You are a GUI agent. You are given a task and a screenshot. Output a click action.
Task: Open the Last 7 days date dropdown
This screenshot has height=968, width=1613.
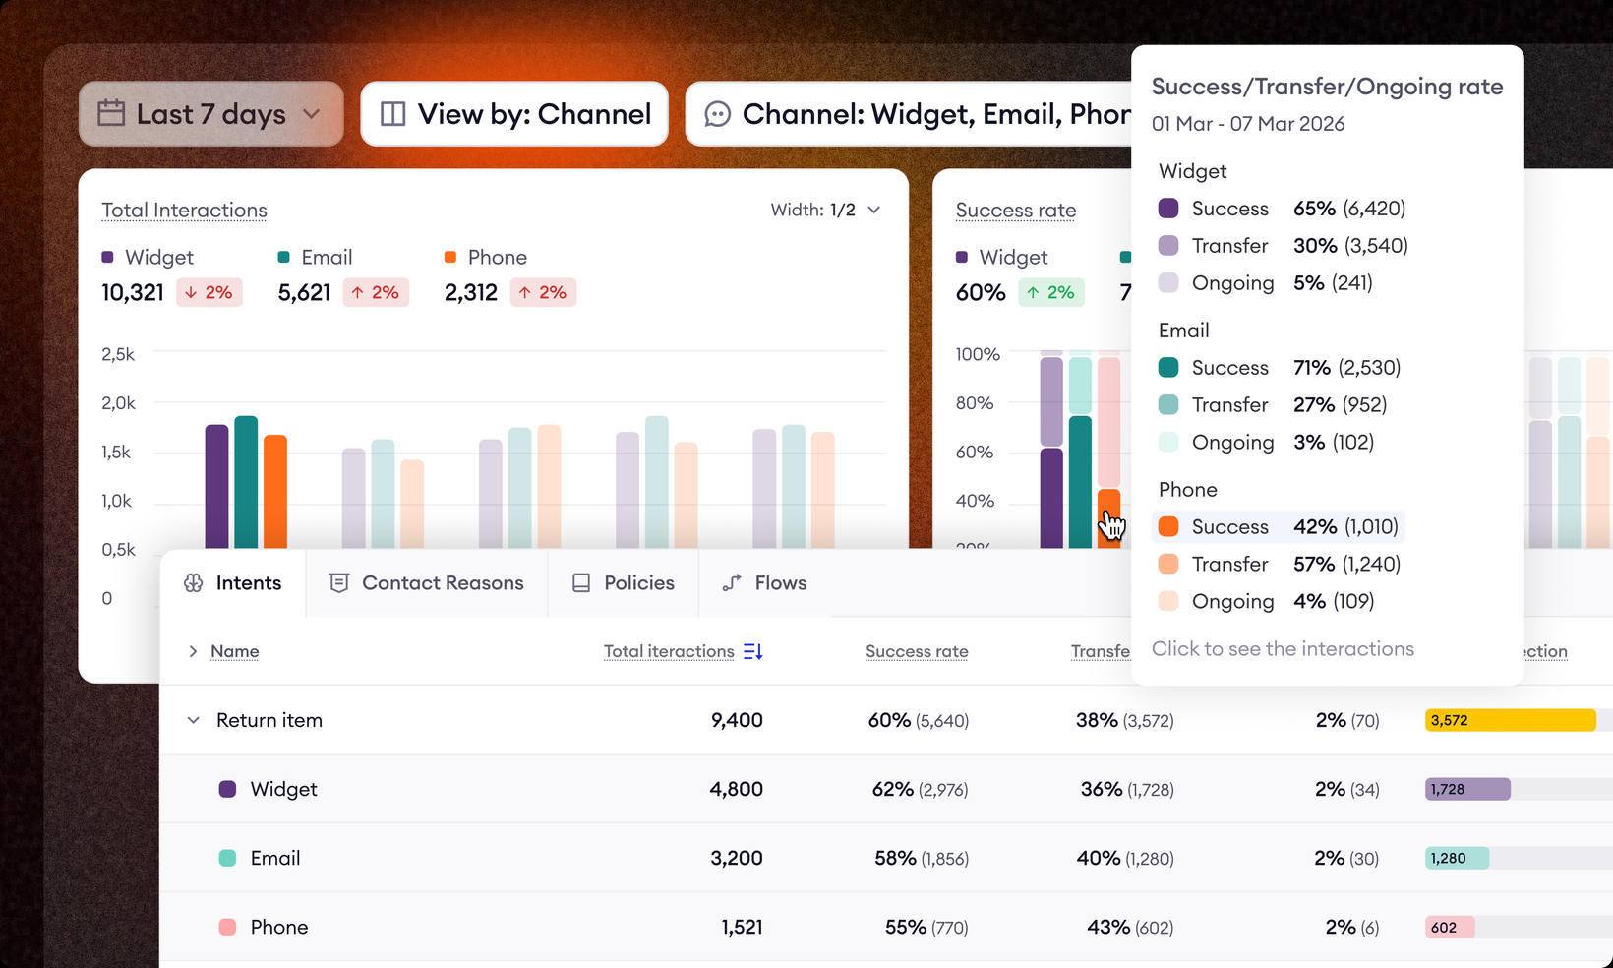click(x=210, y=114)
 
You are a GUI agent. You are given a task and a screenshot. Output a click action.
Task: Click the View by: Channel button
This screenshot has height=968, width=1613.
click(x=514, y=114)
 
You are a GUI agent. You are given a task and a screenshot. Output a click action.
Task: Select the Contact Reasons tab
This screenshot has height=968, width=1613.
click(x=426, y=583)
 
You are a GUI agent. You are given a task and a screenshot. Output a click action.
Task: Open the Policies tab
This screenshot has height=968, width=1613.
click(x=623, y=583)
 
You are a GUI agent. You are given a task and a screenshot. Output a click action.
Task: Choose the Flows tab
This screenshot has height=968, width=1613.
click(x=764, y=583)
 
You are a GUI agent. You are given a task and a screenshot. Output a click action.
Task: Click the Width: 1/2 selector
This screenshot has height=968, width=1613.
click(x=824, y=210)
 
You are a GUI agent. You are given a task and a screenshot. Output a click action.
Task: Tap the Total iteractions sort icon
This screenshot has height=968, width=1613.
click(x=753, y=651)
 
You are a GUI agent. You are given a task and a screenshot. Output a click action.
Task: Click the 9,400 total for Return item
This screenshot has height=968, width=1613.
click(x=737, y=720)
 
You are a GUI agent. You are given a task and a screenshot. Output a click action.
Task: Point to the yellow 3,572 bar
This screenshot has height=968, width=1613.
click(x=1510, y=720)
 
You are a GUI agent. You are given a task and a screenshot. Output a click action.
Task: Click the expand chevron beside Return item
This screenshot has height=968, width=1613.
click(x=193, y=720)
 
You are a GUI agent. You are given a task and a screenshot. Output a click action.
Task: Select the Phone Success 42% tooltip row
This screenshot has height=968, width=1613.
click(x=1278, y=527)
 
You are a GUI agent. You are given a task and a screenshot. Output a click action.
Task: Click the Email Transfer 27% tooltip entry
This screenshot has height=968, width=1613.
click(x=1278, y=405)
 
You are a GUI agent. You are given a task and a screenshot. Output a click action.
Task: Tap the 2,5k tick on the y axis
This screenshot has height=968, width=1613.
click(x=118, y=354)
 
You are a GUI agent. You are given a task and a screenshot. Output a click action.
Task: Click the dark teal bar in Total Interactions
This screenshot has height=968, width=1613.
click(x=246, y=482)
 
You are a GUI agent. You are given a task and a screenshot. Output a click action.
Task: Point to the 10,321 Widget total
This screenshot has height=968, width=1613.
click(x=133, y=293)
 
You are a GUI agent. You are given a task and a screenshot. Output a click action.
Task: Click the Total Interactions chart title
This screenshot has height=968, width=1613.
click(x=184, y=211)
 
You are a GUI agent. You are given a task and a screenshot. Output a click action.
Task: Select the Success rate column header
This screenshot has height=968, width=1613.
click(x=917, y=651)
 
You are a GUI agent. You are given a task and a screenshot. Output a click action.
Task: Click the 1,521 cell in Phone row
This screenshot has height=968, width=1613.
click(x=742, y=927)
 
